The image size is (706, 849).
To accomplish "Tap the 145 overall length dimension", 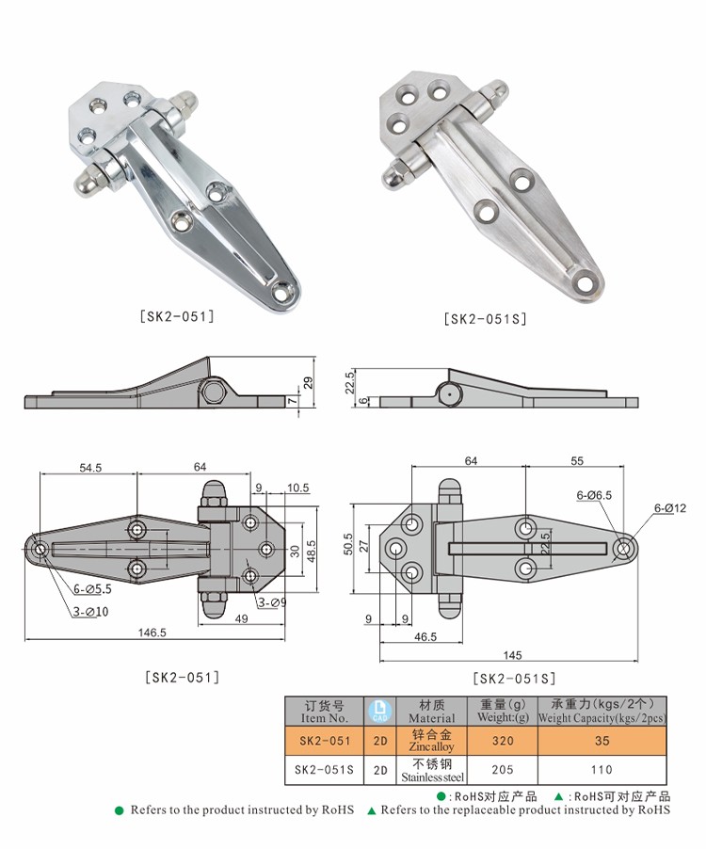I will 512,655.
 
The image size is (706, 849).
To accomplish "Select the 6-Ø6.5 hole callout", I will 595,494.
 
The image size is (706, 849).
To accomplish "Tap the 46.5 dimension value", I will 425,637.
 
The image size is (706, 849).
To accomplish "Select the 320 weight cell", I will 503,741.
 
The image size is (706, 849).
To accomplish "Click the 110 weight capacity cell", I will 602,769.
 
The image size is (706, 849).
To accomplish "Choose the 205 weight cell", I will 503,769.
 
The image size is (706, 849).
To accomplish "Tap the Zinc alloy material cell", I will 432,740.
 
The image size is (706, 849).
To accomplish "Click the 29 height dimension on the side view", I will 308,382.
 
